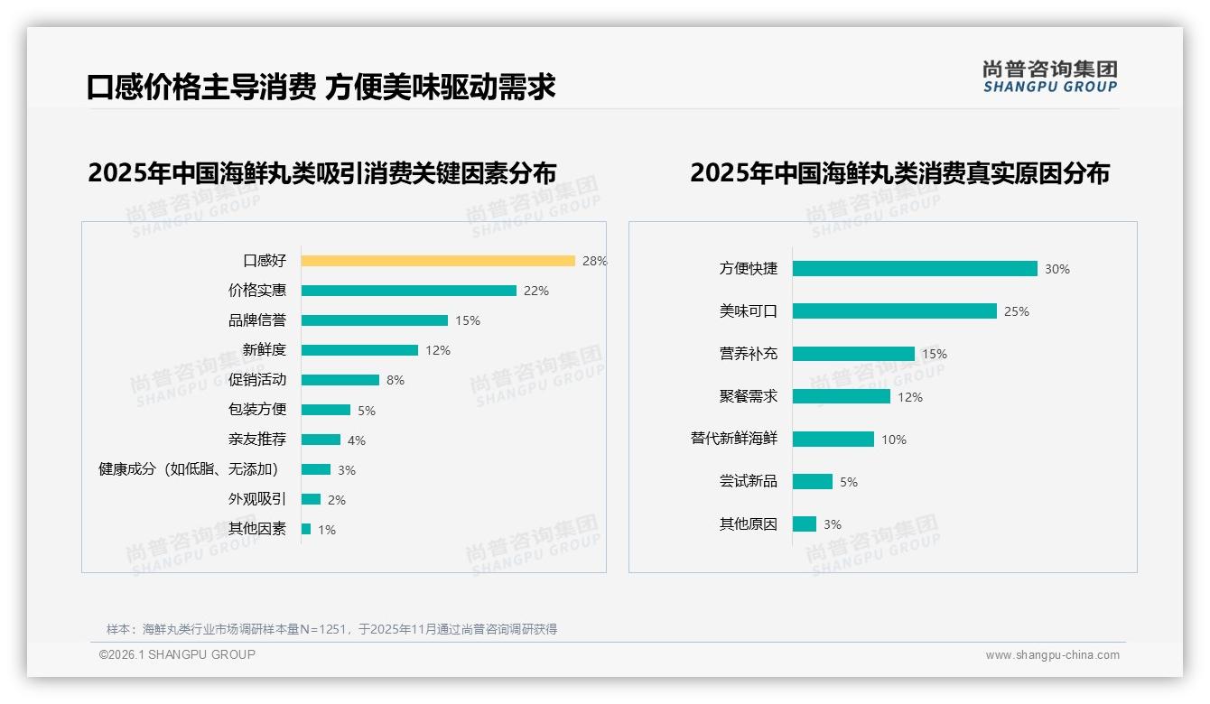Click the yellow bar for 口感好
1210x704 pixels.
(x=438, y=261)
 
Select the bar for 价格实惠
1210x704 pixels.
(x=408, y=291)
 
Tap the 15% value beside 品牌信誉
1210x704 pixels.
(x=468, y=320)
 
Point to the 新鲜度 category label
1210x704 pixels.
(x=265, y=349)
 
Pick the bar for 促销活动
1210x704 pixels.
(x=340, y=380)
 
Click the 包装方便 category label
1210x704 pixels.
(x=257, y=409)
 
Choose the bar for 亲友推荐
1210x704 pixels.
(x=321, y=440)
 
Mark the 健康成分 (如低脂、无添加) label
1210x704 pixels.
(x=189, y=469)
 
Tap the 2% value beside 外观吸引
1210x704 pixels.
(x=337, y=500)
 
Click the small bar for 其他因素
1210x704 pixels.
(x=306, y=529)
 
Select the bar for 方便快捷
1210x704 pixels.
(x=915, y=269)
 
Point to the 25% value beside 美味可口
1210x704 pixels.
(x=1017, y=311)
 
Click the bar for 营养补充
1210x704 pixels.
(x=853, y=354)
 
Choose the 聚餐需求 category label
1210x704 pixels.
(x=749, y=396)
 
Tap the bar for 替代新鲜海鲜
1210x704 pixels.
(x=833, y=439)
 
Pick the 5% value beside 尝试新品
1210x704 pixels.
(x=849, y=482)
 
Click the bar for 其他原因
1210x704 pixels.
(x=805, y=524)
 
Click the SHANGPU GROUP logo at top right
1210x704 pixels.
(x=1050, y=77)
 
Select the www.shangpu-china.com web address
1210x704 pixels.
(x=1052, y=655)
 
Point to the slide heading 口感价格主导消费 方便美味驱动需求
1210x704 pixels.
(x=321, y=87)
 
